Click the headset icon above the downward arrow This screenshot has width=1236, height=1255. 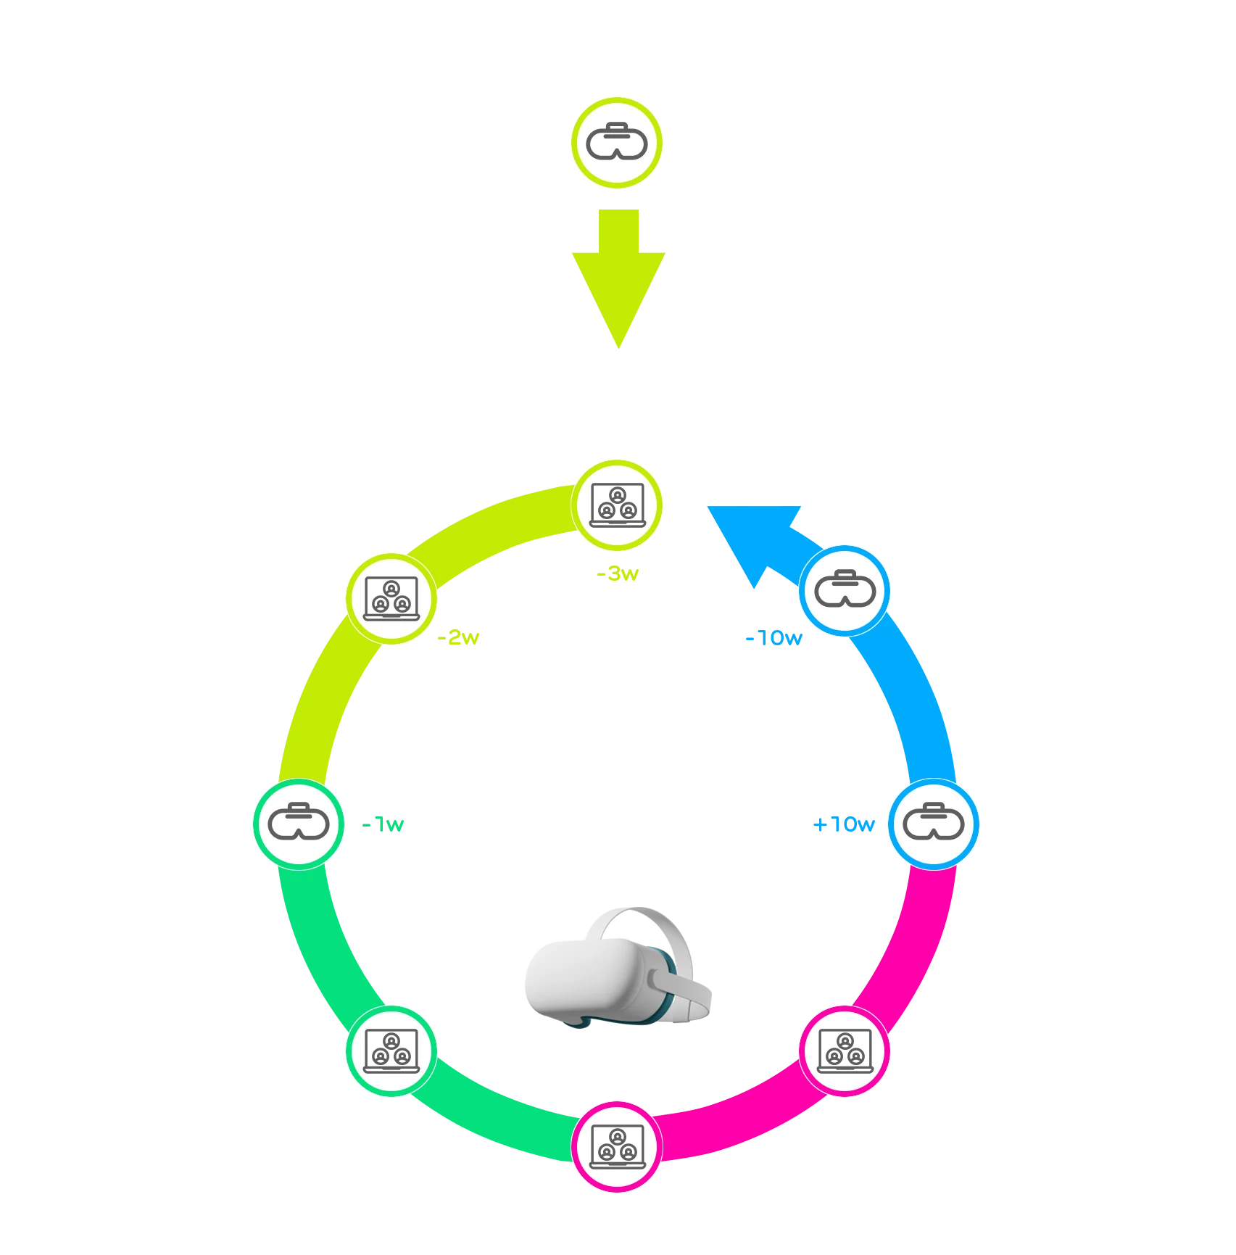[x=616, y=143]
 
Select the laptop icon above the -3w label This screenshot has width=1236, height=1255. [x=616, y=505]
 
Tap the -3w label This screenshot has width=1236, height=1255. [x=618, y=575]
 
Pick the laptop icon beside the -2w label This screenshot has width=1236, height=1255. [x=391, y=598]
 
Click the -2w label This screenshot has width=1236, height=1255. [x=458, y=638]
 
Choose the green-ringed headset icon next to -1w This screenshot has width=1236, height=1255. [x=299, y=824]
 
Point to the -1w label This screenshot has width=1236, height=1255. [x=383, y=825]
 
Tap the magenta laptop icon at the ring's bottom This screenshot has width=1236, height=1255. [x=617, y=1146]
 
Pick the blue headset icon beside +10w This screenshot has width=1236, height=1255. [x=934, y=824]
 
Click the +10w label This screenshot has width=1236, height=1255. [x=844, y=825]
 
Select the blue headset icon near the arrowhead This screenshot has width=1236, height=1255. [x=845, y=591]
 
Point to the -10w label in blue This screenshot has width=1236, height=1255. [x=773, y=639]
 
